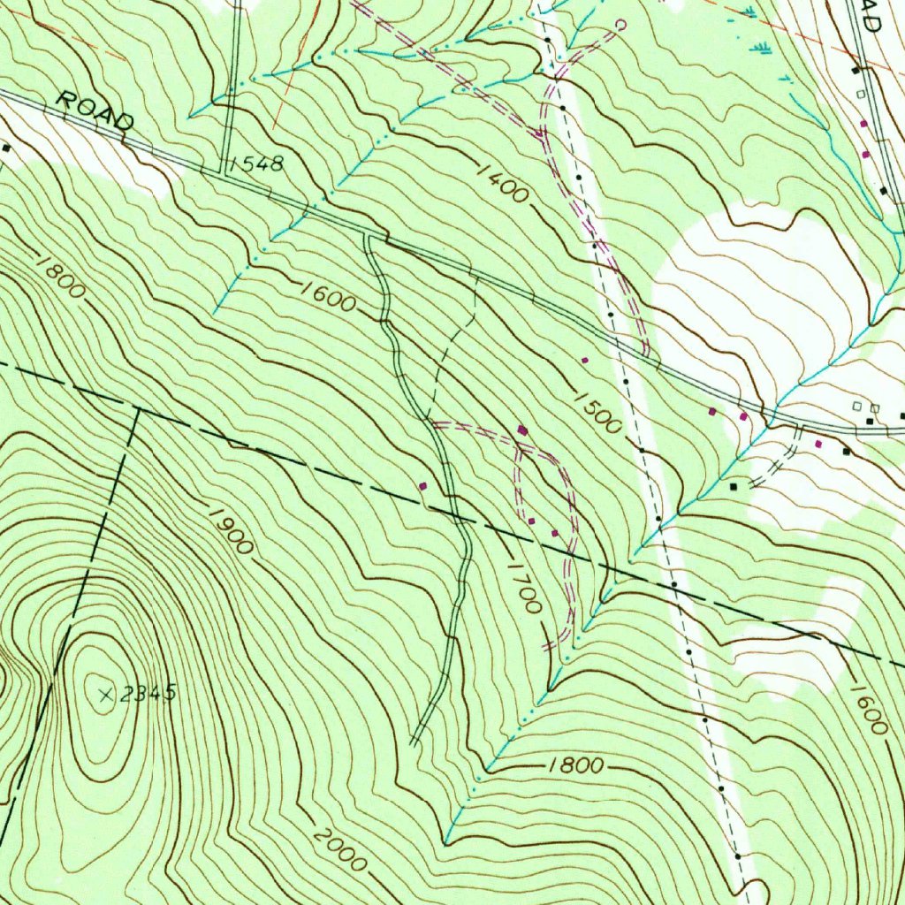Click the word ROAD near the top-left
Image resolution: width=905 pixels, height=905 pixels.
(95, 110)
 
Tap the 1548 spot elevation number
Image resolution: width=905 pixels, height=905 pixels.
(256, 164)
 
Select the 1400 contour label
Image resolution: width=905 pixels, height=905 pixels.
(504, 182)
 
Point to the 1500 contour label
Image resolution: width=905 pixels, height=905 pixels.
(597, 411)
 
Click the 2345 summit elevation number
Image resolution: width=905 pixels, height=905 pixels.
(148, 694)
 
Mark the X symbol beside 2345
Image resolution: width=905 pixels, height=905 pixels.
(106, 695)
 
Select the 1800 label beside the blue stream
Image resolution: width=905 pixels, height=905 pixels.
(575, 765)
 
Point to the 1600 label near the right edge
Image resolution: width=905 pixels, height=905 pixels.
(870, 709)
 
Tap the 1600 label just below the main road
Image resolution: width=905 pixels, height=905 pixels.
(327, 296)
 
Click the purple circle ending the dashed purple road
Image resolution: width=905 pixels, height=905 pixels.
(620, 26)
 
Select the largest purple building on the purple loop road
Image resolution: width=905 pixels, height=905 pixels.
(522, 430)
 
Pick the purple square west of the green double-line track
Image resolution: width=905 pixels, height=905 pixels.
(422, 485)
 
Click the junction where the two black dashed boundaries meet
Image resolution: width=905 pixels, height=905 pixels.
(138, 409)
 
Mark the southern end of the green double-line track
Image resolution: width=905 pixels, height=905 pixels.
(414, 741)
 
